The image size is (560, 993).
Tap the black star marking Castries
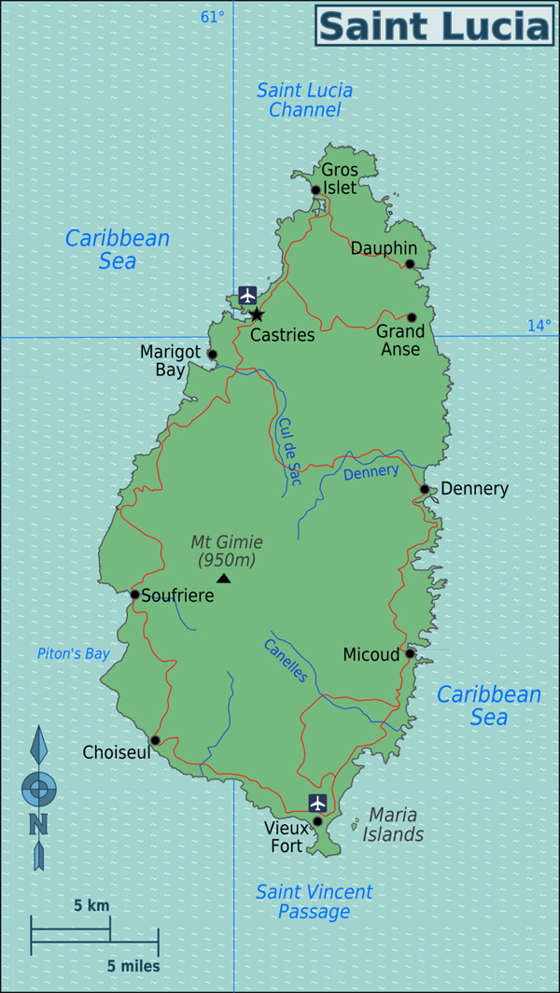coord(257,315)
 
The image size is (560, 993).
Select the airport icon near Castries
coord(247,295)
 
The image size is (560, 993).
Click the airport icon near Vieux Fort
coord(317,803)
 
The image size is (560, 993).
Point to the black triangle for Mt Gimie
coord(223,579)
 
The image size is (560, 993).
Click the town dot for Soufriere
coord(134,594)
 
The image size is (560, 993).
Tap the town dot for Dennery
coord(424,489)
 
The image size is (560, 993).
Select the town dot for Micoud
coord(409,653)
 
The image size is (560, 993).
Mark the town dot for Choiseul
coord(155,740)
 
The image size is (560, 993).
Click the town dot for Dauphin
coord(409,264)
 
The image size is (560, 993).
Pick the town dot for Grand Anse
coord(412,317)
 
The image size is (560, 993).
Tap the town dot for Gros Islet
coord(315,189)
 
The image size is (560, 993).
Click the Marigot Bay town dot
coord(212,354)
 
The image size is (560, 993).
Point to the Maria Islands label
coord(393,824)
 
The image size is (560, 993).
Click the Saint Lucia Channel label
coord(304,100)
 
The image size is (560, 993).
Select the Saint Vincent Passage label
coord(314,902)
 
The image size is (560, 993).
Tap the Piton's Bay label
coord(74,654)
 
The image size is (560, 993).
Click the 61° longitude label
coord(213,17)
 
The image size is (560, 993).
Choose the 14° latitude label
coord(539,326)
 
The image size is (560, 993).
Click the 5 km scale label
coord(91,905)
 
